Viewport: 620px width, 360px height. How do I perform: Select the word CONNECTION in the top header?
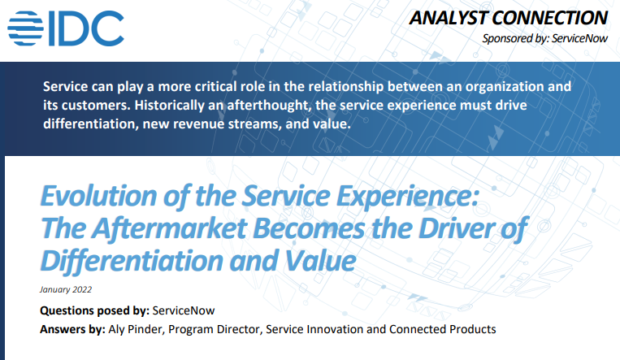pyautogui.click(x=557, y=17)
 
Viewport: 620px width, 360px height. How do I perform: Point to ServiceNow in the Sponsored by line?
pyautogui.click(x=579, y=38)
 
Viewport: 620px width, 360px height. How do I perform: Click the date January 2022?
pyautogui.click(x=65, y=289)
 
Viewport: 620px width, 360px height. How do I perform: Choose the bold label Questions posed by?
pyautogui.click(x=93, y=310)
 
